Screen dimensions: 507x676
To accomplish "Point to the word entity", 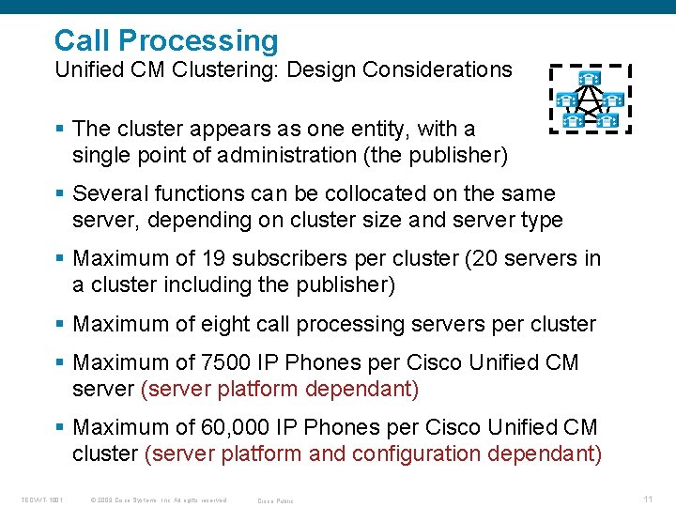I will (x=376, y=128).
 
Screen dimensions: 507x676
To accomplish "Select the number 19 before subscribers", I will (x=211, y=258).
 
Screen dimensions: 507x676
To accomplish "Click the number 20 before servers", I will (x=490, y=258).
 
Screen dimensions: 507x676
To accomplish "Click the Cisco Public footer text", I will (x=275, y=500).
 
